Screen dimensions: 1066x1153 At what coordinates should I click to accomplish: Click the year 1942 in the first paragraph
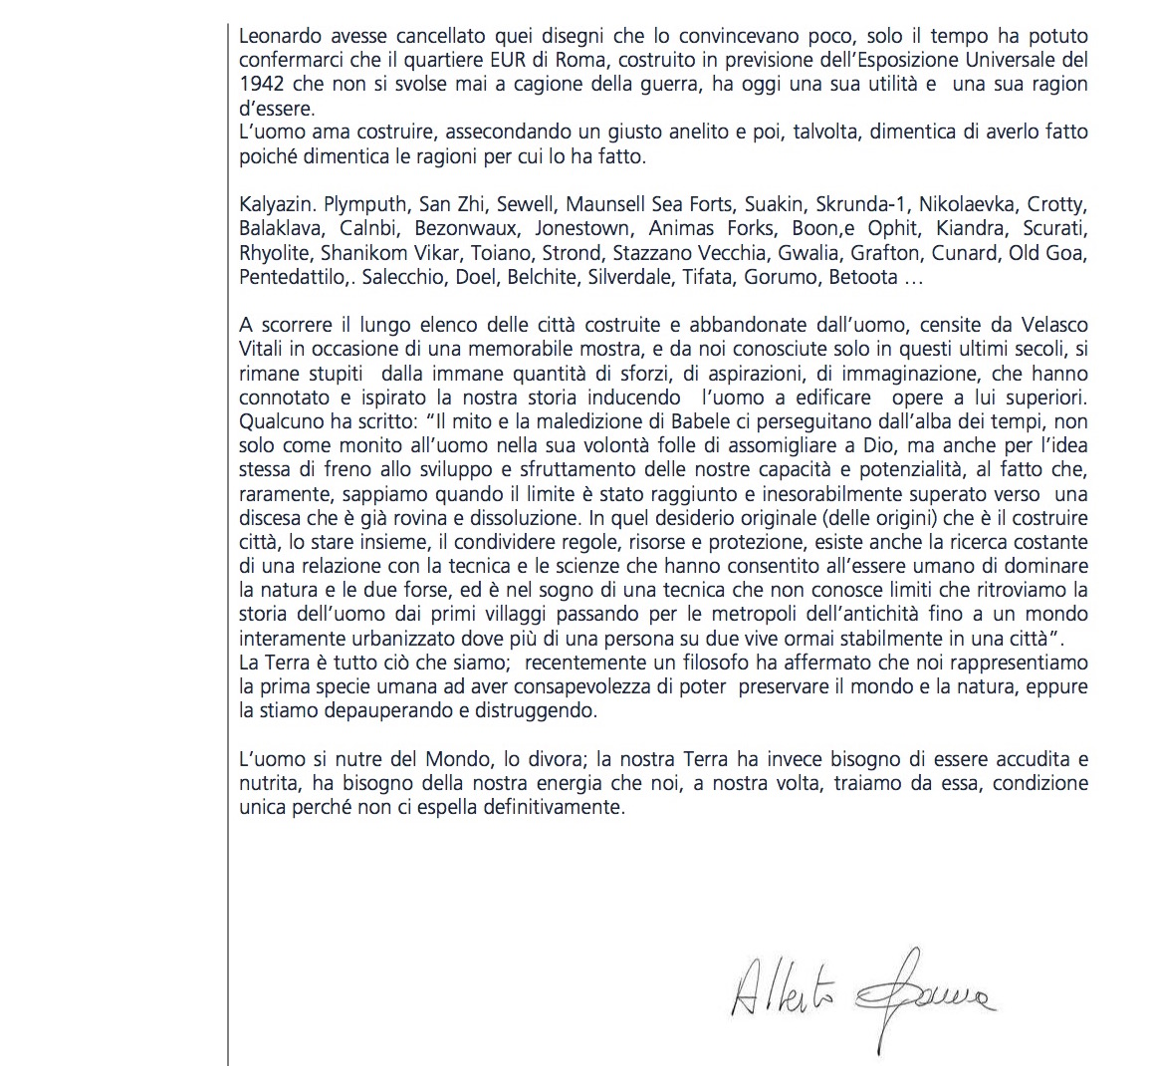pos(261,85)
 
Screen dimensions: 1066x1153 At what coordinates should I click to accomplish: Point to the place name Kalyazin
pos(277,205)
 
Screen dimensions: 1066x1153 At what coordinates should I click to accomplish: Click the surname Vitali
pos(266,349)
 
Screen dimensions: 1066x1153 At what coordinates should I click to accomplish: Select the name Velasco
pos(1053,325)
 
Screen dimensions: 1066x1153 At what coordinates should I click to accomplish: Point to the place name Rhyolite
pos(274,253)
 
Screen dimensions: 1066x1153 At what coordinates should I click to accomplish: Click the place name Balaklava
pos(280,229)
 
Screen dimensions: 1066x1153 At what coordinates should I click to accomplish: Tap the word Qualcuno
pos(280,421)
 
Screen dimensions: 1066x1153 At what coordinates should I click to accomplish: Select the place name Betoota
pos(864,277)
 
